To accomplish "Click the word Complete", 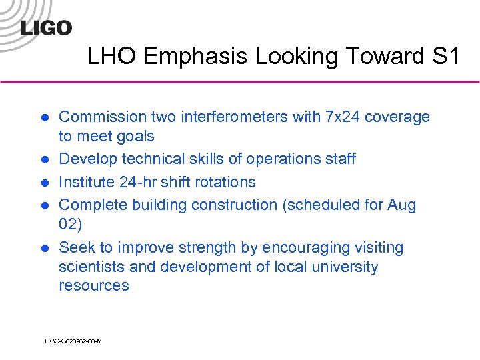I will [90, 205].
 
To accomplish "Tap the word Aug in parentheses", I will [401, 205].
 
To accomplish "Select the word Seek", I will [75, 248].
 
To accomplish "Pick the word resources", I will [94, 286].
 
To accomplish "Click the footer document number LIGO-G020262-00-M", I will [73, 341].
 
